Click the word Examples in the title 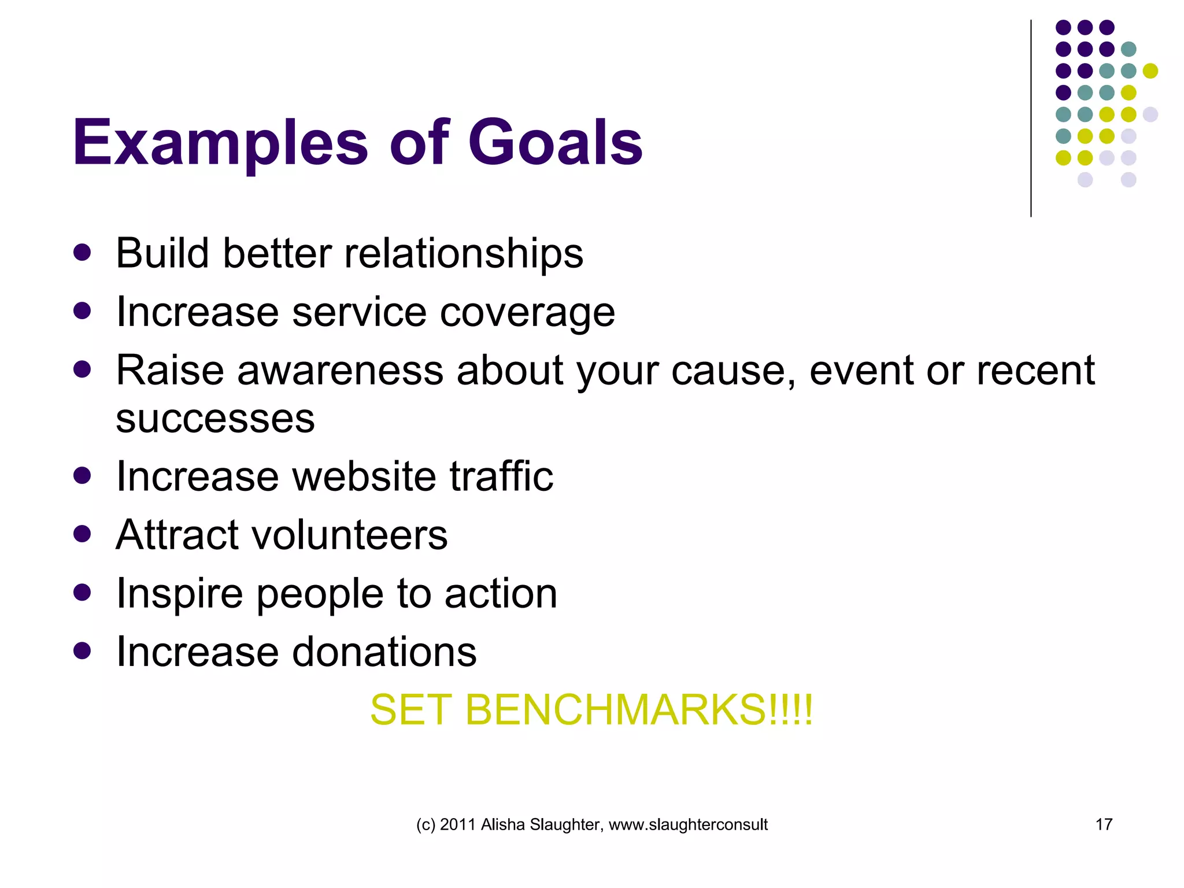coord(220,143)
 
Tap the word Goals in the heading coord(555,142)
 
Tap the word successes coord(215,419)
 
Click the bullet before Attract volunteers coord(83,534)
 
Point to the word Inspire coord(179,594)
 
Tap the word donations coord(384,652)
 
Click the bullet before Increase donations coord(83,651)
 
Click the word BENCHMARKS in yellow coord(615,710)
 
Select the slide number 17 coord(1104,824)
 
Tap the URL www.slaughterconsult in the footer coord(688,825)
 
